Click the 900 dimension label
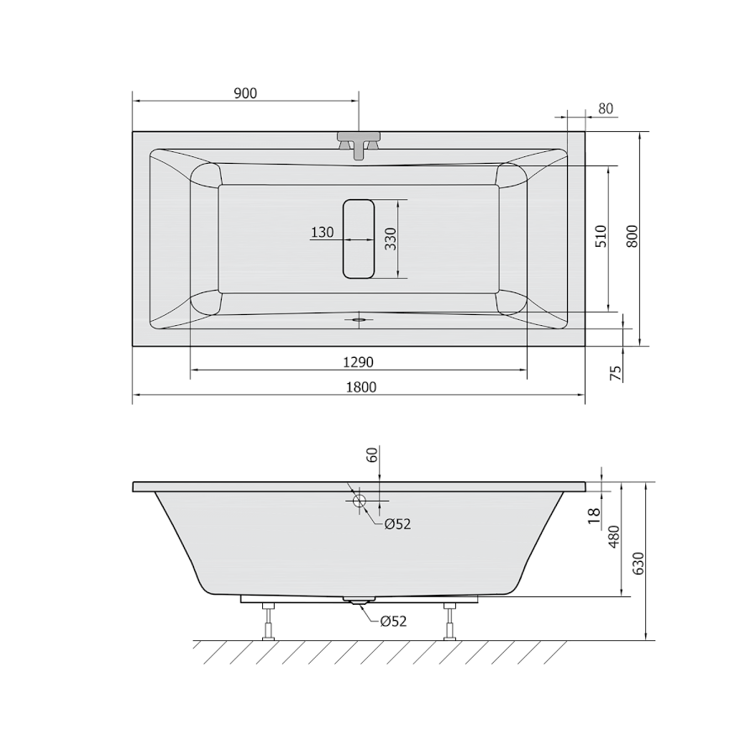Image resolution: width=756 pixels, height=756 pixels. pyautogui.click(x=245, y=93)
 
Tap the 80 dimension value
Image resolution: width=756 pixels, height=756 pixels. pyautogui.click(x=606, y=109)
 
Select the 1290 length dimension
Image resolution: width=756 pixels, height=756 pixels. pyautogui.click(x=358, y=361)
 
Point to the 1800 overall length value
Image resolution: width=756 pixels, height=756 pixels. pyautogui.click(x=361, y=387)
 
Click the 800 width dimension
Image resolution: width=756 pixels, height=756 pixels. pyautogui.click(x=633, y=236)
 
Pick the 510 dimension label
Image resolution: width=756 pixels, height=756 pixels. pyautogui.click(x=601, y=236)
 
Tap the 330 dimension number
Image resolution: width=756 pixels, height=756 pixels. pyautogui.click(x=390, y=239)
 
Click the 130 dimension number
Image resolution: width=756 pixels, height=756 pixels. pyautogui.click(x=322, y=233)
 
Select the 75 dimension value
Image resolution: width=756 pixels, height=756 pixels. pyautogui.click(x=616, y=373)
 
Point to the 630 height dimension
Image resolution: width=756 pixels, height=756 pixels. pyautogui.click(x=638, y=563)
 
